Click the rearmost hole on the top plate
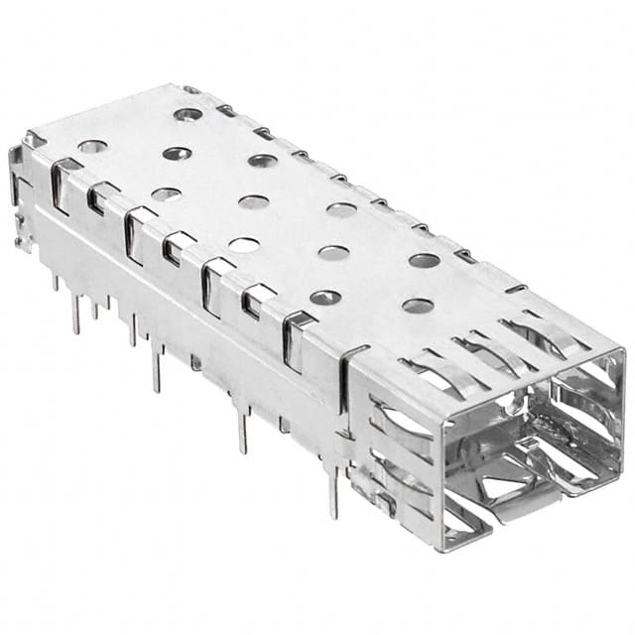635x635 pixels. coord(188,114)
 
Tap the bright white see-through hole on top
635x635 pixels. coord(244,244)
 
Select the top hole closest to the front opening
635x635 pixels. coord(418,306)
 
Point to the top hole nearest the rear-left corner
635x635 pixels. coord(92,146)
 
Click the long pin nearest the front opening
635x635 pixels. coord(334,491)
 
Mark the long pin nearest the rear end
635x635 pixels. coord(75,314)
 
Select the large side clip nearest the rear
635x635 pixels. coord(62,184)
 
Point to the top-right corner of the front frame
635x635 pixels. coord(621,352)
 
